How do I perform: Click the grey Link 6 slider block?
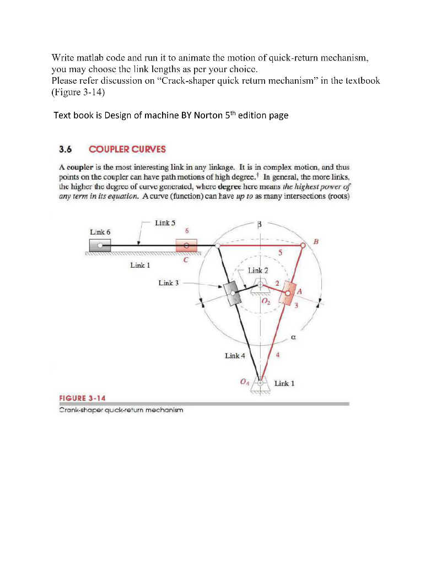pyautogui.click(x=100, y=245)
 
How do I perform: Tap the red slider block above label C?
pyautogui.click(x=186, y=245)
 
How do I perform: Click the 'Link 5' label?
pyautogui.click(x=165, y=223)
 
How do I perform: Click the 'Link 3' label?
pyautogui.click(x=169, y=283)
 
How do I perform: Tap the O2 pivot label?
pyautogui.click(x=266, y=302)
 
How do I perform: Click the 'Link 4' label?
pyautogui.click(x=235, y=356)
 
